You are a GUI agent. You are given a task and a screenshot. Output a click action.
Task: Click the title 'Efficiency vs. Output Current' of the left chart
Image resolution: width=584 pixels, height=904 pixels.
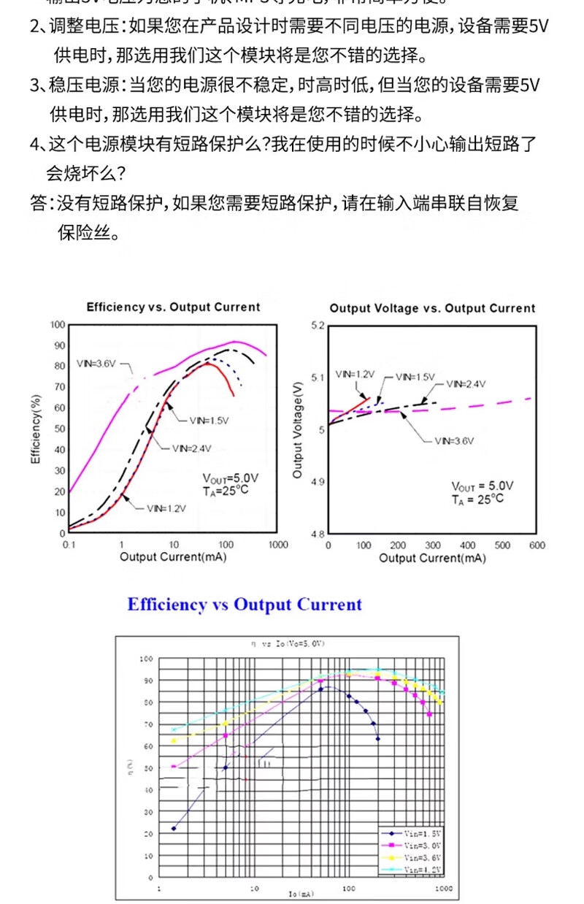tap(173, 307)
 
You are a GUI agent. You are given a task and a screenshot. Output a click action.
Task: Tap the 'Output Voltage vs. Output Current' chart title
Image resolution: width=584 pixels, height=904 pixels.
tap(432, 308)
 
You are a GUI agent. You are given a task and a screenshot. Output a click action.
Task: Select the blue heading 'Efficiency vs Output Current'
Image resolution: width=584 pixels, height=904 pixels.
tap(245, 605)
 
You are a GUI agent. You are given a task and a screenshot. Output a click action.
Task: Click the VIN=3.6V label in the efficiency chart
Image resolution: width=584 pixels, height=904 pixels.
tap(96, 364)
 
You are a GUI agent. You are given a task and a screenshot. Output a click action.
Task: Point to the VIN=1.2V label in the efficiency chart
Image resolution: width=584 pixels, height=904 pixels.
tap(166, 507)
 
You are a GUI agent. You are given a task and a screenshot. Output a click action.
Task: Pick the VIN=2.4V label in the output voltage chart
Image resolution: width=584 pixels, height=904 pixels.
tap(466, 383)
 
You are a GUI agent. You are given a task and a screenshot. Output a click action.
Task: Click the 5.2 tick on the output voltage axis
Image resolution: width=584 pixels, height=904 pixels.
tap(316, 325)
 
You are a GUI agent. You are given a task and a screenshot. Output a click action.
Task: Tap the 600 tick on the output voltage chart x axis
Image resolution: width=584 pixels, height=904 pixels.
tap(537, 546)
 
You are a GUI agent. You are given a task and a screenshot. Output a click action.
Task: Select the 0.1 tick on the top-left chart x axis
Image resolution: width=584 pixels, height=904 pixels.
tap(69, 545)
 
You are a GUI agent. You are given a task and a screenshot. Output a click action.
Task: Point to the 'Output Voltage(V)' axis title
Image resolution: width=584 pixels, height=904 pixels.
tap(297, 429)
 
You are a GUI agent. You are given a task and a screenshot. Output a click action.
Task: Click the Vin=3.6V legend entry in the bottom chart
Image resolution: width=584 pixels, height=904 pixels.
tap(416, 857)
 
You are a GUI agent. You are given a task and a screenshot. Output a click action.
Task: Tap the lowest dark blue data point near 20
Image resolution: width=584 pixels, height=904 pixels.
tap(174, 828)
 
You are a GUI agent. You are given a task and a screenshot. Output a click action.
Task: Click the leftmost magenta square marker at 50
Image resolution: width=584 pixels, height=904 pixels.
tap(174, 766)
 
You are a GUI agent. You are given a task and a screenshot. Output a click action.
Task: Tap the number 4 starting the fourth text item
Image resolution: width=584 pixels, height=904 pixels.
tap(34, 144)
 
